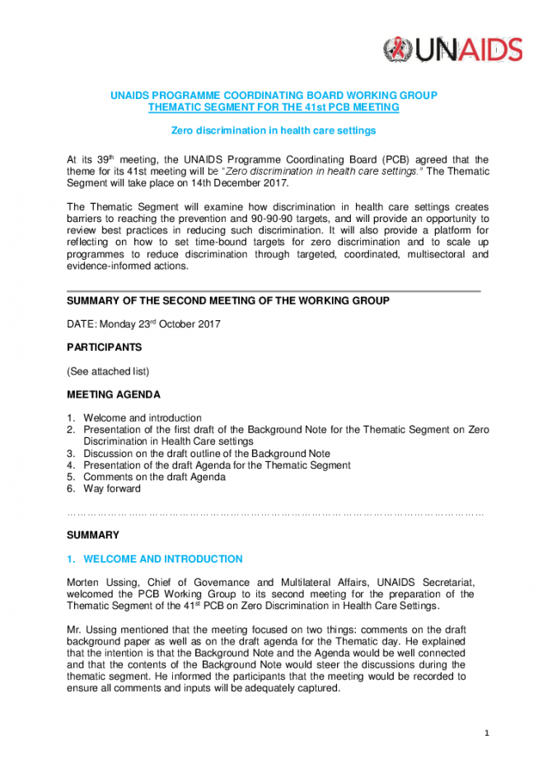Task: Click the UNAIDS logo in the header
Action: [x=453, y=50]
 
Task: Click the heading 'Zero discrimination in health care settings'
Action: [x=274, y=130]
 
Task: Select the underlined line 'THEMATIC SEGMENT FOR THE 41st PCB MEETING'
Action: [x=274, y=107]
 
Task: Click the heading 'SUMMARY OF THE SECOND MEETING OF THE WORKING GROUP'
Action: [x=228, y=301]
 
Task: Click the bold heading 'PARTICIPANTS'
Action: [x=105, y=347]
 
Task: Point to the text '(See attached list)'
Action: [x=108, y=371]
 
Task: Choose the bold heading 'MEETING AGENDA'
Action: [x=114, y=394]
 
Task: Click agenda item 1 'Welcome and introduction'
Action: [x=143, y=418]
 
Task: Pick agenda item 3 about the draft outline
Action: [x=206, y=453]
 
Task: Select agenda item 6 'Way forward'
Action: [x=112, y=488]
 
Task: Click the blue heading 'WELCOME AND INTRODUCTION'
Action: [x=163, y=559]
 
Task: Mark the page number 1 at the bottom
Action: [x=487, y=733]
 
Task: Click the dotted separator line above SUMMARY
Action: [x=275, y=513]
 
